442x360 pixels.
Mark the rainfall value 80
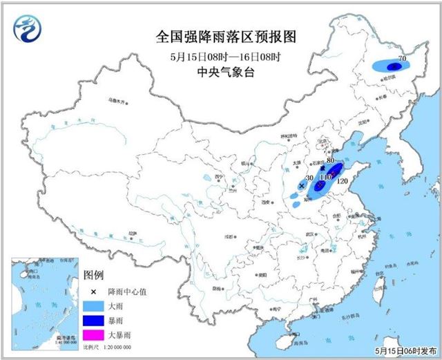(331, 161)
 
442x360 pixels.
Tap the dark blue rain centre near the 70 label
(393, 67)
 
